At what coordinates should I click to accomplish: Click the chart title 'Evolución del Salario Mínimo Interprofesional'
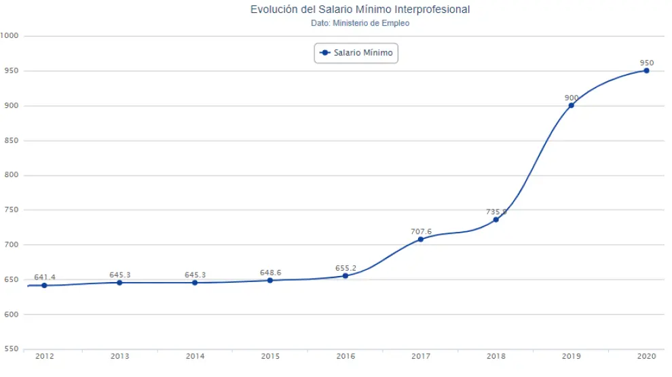click(x=360, y=9)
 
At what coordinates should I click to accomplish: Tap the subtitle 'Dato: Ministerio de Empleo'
click(x=360, y=23)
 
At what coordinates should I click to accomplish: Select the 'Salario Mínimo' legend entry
click(x=356, y=53)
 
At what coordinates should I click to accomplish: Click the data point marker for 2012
click(x=44, y=285)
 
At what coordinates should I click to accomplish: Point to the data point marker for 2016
click(x=346, y=275)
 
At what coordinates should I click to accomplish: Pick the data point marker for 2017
click(x=421, y=239)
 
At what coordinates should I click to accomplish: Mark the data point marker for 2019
click(x=572, y=105)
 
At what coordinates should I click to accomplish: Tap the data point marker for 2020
click(x=646, y=71)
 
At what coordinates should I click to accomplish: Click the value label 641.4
click(x=44, y=277)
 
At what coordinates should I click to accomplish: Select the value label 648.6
click(x=270, y=273)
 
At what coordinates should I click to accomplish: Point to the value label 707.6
click(x=421, y=231)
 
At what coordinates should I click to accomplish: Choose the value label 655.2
click(x=346, y=268)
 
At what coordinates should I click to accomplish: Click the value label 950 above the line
click(x=646, y=62)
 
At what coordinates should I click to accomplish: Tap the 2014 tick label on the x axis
click(x=195, y=356)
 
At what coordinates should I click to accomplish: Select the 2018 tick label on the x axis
click(x=496, y=356)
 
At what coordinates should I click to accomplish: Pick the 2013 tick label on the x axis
click(x=119, y=356)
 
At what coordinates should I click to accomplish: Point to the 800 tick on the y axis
click(x=11, y=176)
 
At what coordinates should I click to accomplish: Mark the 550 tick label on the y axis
click(x=11, y=349)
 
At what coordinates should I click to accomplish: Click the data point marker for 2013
click(x=119, y=282)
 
